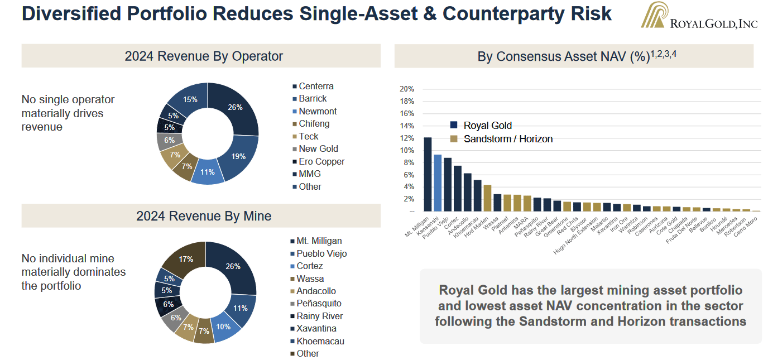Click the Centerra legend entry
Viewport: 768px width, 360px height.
click(316, 87)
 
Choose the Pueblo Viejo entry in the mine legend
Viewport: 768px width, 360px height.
click(321, 254)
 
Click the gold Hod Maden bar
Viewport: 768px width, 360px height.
click(487, 198)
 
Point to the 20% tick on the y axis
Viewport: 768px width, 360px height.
click(407, 89)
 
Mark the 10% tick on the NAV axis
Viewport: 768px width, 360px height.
click(407, 150)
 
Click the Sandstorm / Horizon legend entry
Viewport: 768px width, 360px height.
click(508, 139)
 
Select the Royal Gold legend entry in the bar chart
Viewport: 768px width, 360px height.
click(487, 126)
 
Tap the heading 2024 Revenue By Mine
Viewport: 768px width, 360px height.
click(204, 216)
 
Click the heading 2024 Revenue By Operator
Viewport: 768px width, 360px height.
click(204, 56)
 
